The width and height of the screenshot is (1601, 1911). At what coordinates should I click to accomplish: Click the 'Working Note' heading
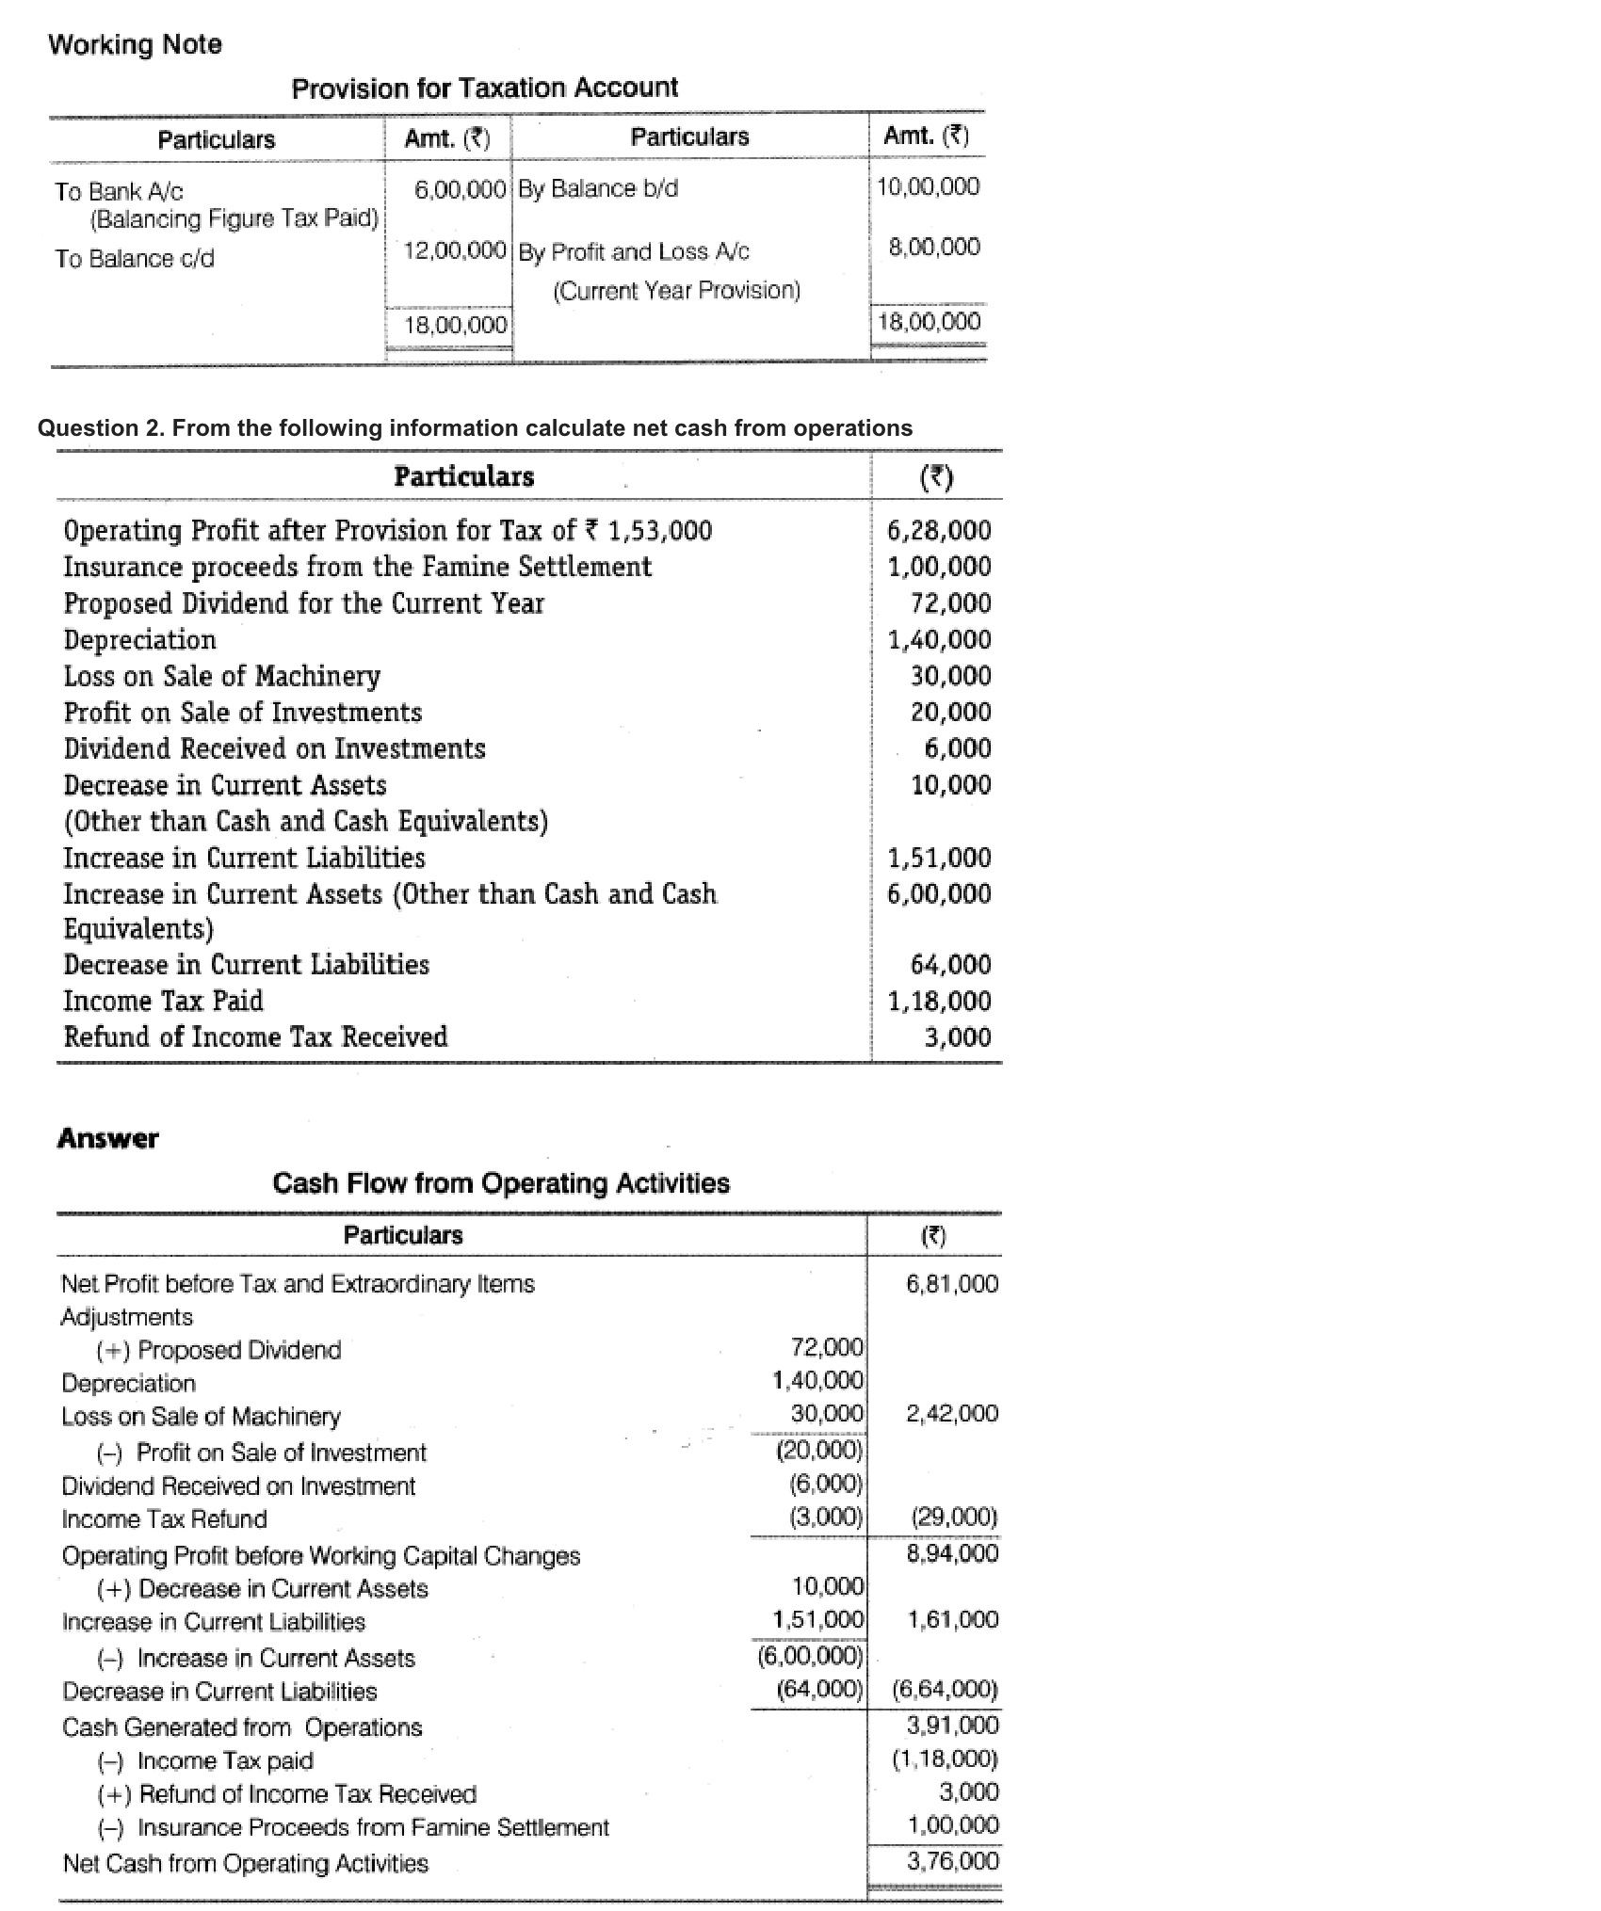pyautogui.click(x=135, y=44)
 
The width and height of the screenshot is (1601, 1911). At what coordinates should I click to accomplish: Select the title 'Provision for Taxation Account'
pyautogui.click(x=484, y=88)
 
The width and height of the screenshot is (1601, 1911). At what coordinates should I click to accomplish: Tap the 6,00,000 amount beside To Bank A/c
pyautogui.click(x=461, y=188)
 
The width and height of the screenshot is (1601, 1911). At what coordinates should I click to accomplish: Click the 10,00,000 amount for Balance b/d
pyautogui.click(x=928, y=186)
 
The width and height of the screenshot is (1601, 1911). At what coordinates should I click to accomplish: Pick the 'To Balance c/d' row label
pyautogui.click(x=135, y=258)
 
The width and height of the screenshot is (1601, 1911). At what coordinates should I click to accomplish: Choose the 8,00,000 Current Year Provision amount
pyautogui.click(x=933, y=247)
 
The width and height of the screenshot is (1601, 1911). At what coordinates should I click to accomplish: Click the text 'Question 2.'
pyautogui.click(x=101, y=428)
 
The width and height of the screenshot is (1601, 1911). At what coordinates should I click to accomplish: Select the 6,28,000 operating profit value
pyautogui.click(x=939, y=530)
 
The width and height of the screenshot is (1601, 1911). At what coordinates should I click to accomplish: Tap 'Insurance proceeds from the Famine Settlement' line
pyautogui.click(x=357, y=567)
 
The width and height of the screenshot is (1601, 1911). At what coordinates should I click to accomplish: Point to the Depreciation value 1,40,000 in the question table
pyautogui.click(x=939, y=640)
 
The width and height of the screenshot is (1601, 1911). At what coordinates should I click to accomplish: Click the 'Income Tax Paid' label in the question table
pyautogui.click(x=163, y=1001)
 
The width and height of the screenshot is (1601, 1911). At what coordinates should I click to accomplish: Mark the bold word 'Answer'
pyautogui.click(x=107, y=1138)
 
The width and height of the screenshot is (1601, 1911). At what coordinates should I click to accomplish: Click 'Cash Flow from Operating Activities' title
pyautogui.click(x=500, y=1183)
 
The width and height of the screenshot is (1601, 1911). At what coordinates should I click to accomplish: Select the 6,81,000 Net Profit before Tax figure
pyautogui.click(x=951, y=1284)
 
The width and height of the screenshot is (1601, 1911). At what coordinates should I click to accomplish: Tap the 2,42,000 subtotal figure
pyautogui.click(x=951, y=1413)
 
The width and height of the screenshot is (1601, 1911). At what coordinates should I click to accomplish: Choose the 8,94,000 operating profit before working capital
pyautogui.click(x=951, y=1552)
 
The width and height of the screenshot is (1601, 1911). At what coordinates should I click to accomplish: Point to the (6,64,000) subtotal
pyautogui.click(x=944, y=1689)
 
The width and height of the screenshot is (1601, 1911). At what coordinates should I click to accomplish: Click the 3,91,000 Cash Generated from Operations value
pyautogui.click(x=951, y=1725)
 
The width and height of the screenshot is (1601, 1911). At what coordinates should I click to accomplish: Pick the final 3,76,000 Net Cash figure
pyautogui.click(x=951, y=1860)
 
